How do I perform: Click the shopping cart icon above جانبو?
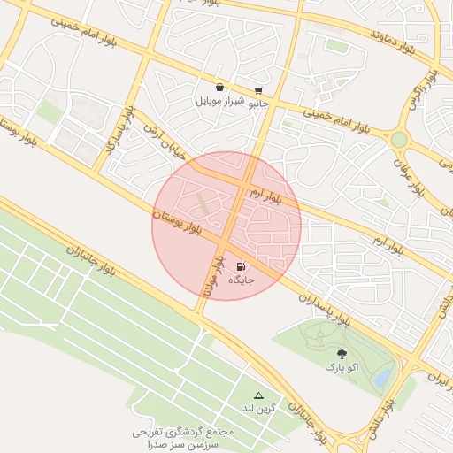[257, 90]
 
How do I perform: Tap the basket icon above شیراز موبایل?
[219, 87]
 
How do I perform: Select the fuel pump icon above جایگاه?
[241, 265]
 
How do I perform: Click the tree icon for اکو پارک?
[342, 352]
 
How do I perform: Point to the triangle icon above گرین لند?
[259, 395]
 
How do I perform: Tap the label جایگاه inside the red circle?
[242, 280]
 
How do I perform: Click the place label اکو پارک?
[342, 366]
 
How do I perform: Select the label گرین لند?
[259, 409]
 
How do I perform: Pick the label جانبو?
[257, 104]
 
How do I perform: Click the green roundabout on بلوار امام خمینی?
[400, 140]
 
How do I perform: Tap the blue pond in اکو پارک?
[382, 378]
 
